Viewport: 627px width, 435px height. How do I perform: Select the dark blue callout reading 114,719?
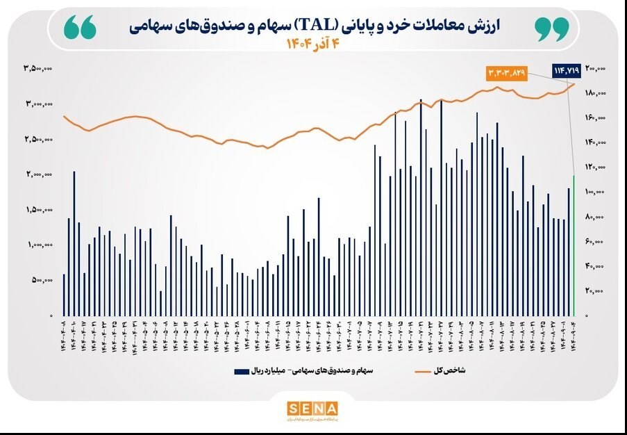coord(567,69)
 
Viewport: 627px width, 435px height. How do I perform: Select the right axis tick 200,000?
coord(596,68)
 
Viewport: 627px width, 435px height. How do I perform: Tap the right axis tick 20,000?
coord(595,291)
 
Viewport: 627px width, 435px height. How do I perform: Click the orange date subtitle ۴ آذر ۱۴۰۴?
coord(312,44)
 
